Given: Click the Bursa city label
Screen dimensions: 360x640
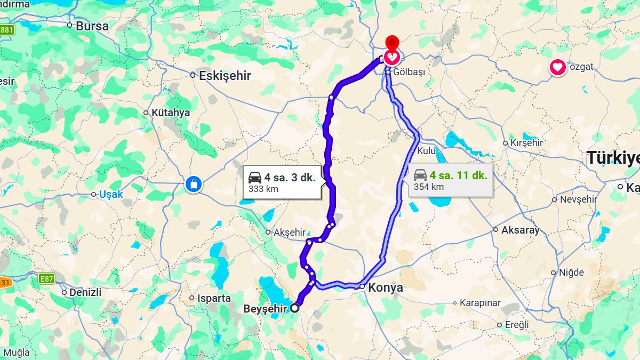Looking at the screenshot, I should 92,26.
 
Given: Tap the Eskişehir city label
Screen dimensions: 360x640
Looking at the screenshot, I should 225,76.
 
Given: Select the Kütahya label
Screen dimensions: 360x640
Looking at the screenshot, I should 170,113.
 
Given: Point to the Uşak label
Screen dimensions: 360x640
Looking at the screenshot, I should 110,195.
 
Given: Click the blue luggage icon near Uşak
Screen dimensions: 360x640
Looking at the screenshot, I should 193,185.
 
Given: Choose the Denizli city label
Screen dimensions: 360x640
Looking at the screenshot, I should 85,292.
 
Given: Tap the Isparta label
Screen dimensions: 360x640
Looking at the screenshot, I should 213,298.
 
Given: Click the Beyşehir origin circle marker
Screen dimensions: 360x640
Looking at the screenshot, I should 294,308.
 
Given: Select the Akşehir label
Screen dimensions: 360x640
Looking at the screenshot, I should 289,233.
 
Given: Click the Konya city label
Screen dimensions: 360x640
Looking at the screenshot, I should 385,287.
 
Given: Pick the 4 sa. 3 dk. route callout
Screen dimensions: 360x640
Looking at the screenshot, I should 282,182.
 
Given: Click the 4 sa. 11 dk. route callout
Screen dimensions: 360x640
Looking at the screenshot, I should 451,180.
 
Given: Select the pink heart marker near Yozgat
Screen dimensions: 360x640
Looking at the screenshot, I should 557,68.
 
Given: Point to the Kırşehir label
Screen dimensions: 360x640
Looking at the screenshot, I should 526,143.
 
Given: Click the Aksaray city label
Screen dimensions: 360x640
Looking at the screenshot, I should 520,230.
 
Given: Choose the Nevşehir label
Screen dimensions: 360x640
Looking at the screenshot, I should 578,199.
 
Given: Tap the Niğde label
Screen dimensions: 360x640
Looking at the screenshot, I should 571,273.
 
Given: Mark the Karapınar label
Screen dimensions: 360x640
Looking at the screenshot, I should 480,303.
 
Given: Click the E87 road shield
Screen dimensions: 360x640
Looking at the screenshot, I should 46,279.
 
